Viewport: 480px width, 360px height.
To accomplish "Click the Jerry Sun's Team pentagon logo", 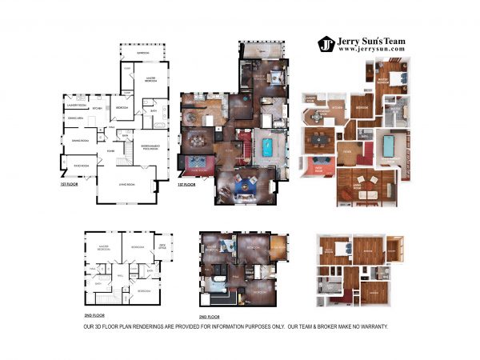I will [x=326, y=44].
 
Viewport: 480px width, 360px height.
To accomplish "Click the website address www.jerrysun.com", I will [x=371, y=49].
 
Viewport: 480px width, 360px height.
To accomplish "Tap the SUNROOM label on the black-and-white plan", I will [x=142, y=53].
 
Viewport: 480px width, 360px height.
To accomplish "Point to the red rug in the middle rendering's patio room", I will [x=196, y=169].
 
